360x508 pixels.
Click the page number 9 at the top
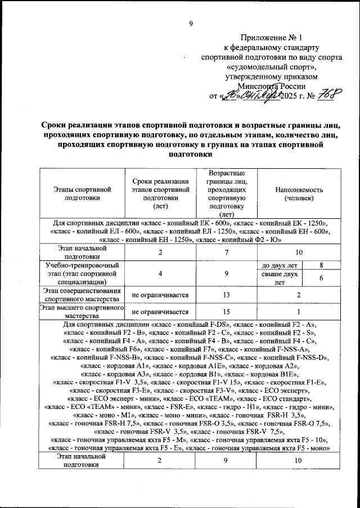(191, 24)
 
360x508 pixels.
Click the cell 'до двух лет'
(278, 264)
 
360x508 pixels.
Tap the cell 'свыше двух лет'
(278, 278)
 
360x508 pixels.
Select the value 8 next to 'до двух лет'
(321, 264)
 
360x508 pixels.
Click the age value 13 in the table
(224, 294)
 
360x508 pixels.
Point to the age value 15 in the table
(224, 312)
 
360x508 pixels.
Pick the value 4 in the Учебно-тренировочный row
(160, 272)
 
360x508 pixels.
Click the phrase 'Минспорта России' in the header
(272, 86)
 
